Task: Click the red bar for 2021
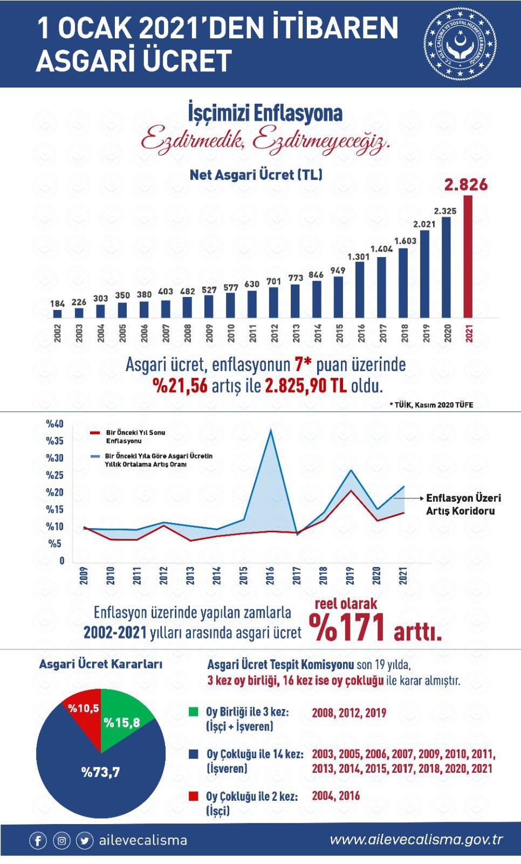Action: pos(468,256)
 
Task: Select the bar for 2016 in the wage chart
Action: pos(360,289)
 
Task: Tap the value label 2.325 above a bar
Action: pos(445,211)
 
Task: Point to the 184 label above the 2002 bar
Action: pos(57,303)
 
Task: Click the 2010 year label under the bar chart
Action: pos(231,333)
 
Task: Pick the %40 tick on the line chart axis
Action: pos(54,424)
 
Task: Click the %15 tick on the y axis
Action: pos(54,510)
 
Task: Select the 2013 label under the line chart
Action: pos(190,576)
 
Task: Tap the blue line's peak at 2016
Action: pos(271,430)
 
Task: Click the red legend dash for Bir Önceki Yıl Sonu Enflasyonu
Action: pos(95,433)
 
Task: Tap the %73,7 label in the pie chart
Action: pos(100,772)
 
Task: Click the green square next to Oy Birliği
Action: pos(194,711)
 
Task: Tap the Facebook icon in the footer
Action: pos(38,841)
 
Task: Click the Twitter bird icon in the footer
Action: pos(85,841)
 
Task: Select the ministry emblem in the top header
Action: pos(460,44)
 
